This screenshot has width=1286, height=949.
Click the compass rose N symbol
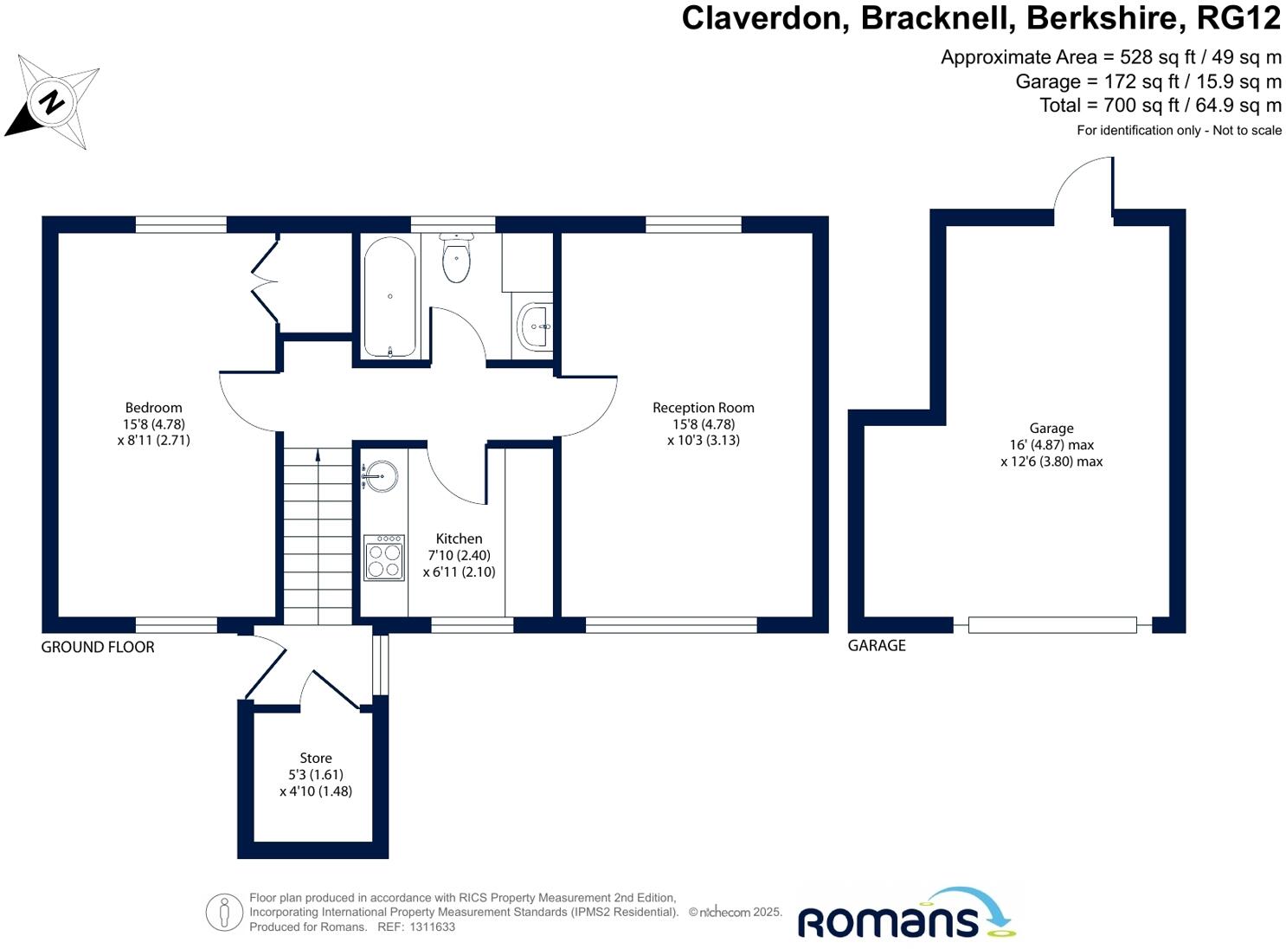click(52, 102)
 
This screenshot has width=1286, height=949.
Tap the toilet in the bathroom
click(455, 258)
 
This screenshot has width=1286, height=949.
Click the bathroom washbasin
click(534, 326)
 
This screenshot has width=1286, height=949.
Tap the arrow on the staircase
click(318, 456)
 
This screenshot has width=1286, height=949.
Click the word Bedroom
click(153, 408)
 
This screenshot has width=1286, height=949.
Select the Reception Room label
click(703, 408)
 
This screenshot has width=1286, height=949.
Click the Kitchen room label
click(459, 539)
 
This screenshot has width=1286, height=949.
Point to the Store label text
click(316, 759)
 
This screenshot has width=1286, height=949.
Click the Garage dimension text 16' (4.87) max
click(1051, 445)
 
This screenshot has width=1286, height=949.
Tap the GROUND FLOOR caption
click(98, 647)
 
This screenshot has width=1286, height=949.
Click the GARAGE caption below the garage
click(877, 645)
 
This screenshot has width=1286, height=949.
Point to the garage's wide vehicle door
click(1052, 625)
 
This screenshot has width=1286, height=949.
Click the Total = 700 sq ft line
click(1160, 106)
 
